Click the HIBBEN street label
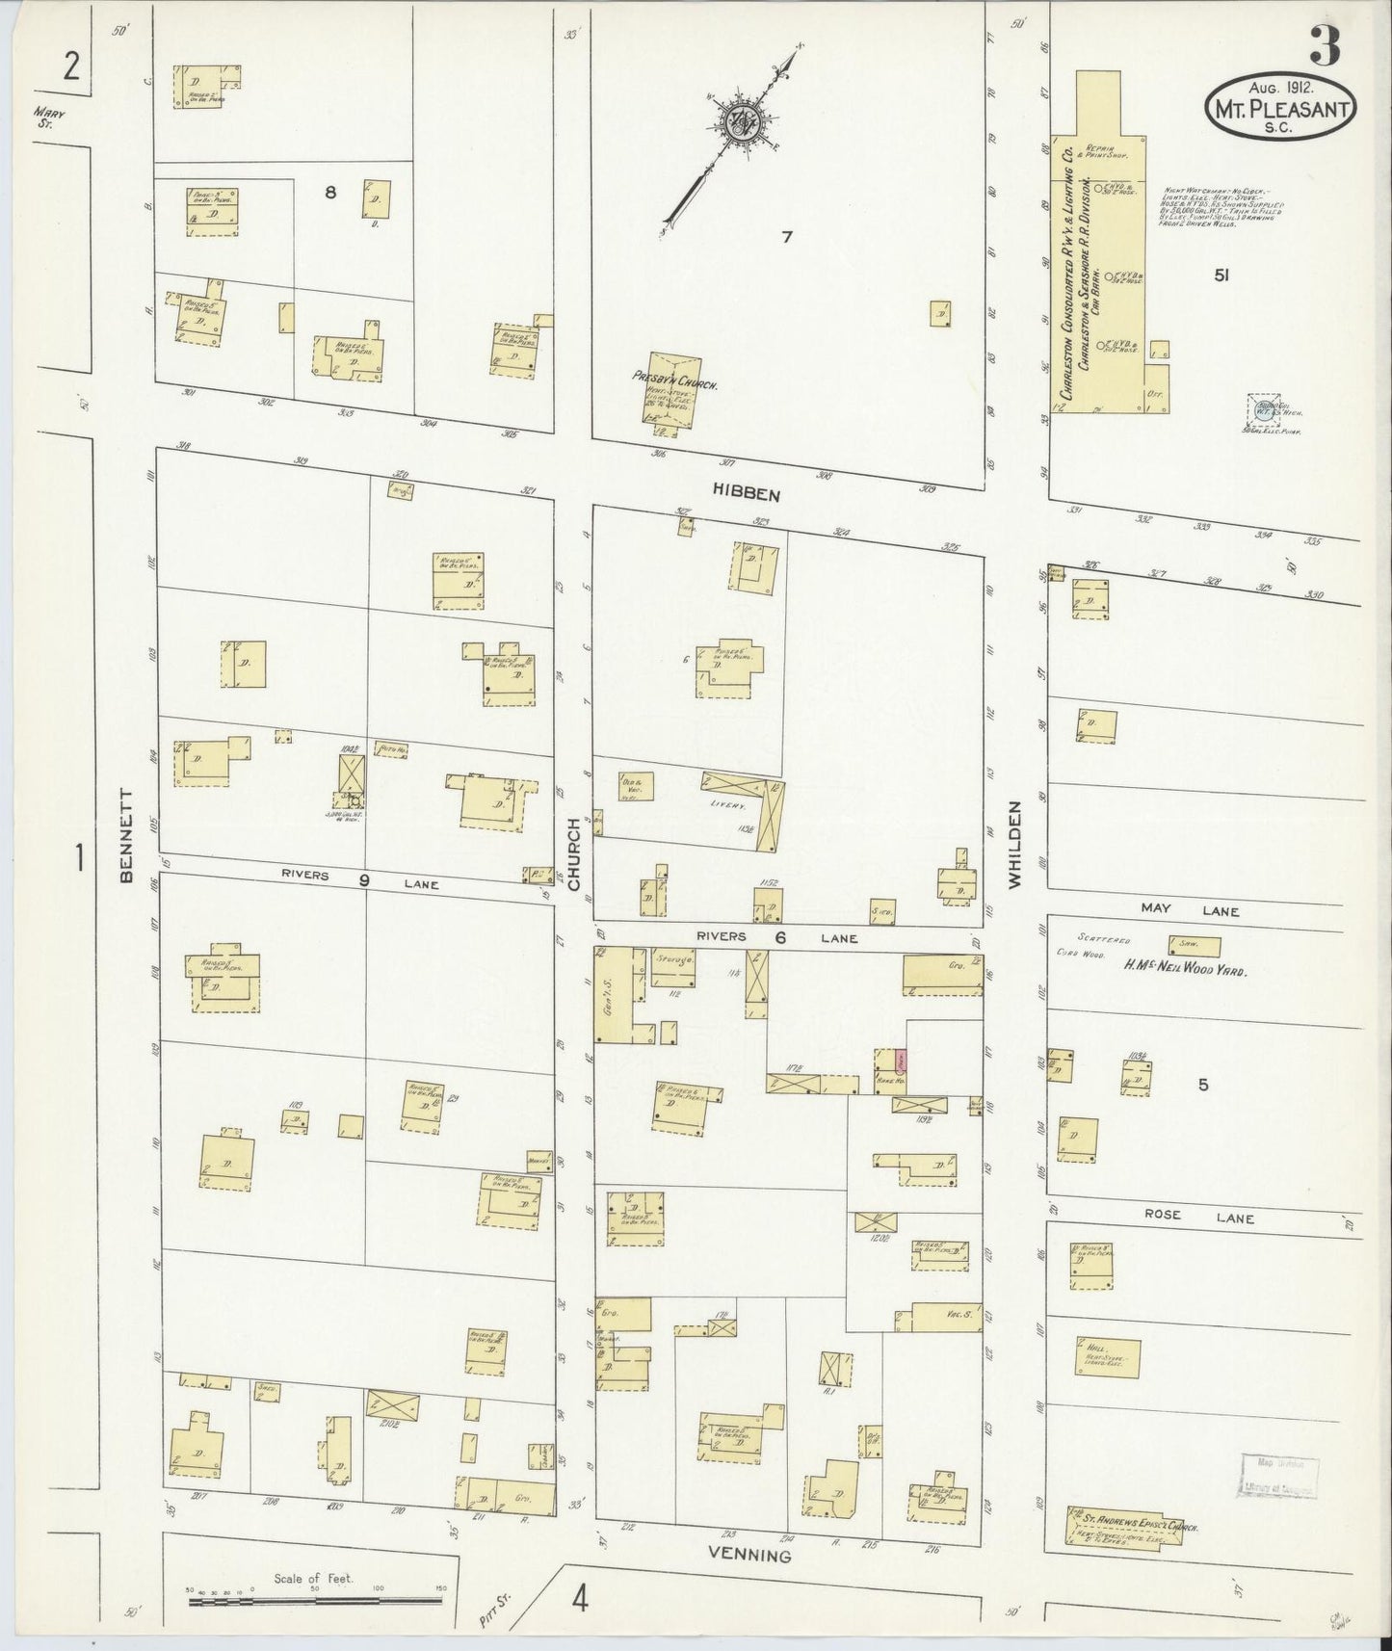pyautogui.click(x=745, y=490)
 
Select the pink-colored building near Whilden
pyautogui.click(x=900, y=1061)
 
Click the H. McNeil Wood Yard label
pyautogui.click(x=1184, y=972)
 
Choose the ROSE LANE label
pyautogui.click(x=1198, y=1219)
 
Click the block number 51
pyautogui.click(x=1221, y=276)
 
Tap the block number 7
pyautogui.click(x=787, y=236)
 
